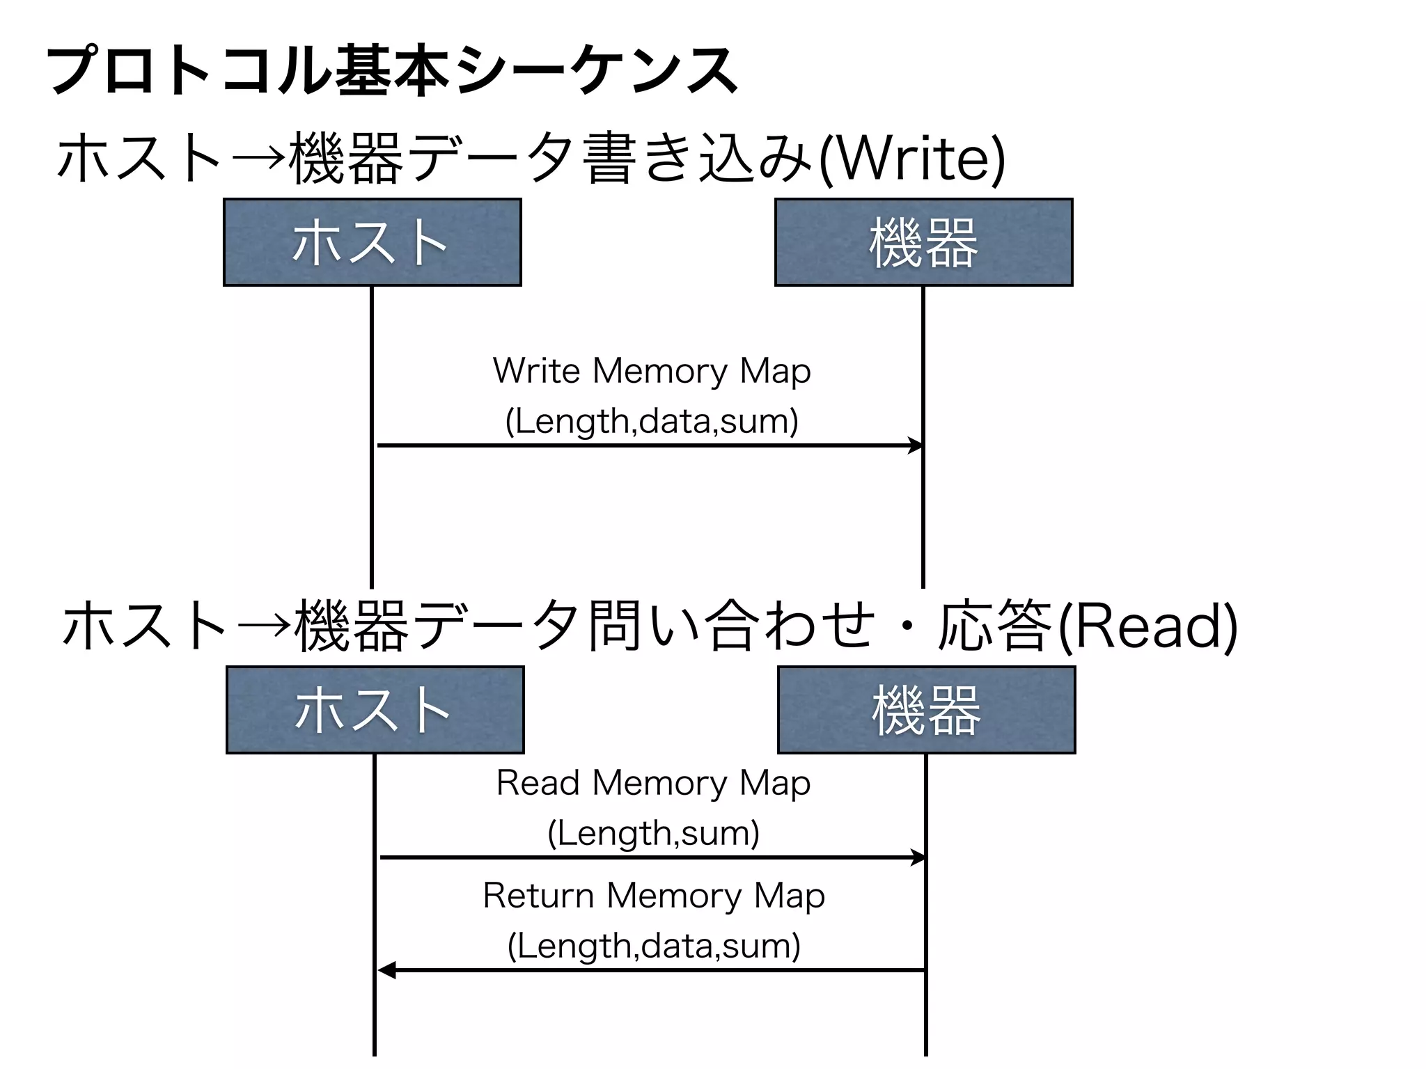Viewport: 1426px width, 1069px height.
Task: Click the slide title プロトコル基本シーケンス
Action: (x=392, y=71)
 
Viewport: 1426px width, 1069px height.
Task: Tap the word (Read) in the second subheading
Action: (x=1147, y=626)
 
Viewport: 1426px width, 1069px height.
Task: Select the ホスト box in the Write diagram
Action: (x=372, y=242)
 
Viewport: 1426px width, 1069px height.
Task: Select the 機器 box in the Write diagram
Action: (x=923, y=242)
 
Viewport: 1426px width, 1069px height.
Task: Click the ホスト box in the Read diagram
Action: (x=375, y=710)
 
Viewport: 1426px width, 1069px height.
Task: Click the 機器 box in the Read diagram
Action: (x=926, y=710)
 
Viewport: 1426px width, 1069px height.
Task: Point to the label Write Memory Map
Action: (x=652, y=371)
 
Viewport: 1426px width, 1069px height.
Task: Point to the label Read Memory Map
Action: (x=653, y=783)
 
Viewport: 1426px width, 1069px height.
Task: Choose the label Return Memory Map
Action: (x=653, y=896)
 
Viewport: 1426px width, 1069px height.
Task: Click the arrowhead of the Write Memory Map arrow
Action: (x=916, y=445)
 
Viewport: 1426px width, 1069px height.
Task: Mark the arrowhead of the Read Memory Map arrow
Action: (x=918, y=857)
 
